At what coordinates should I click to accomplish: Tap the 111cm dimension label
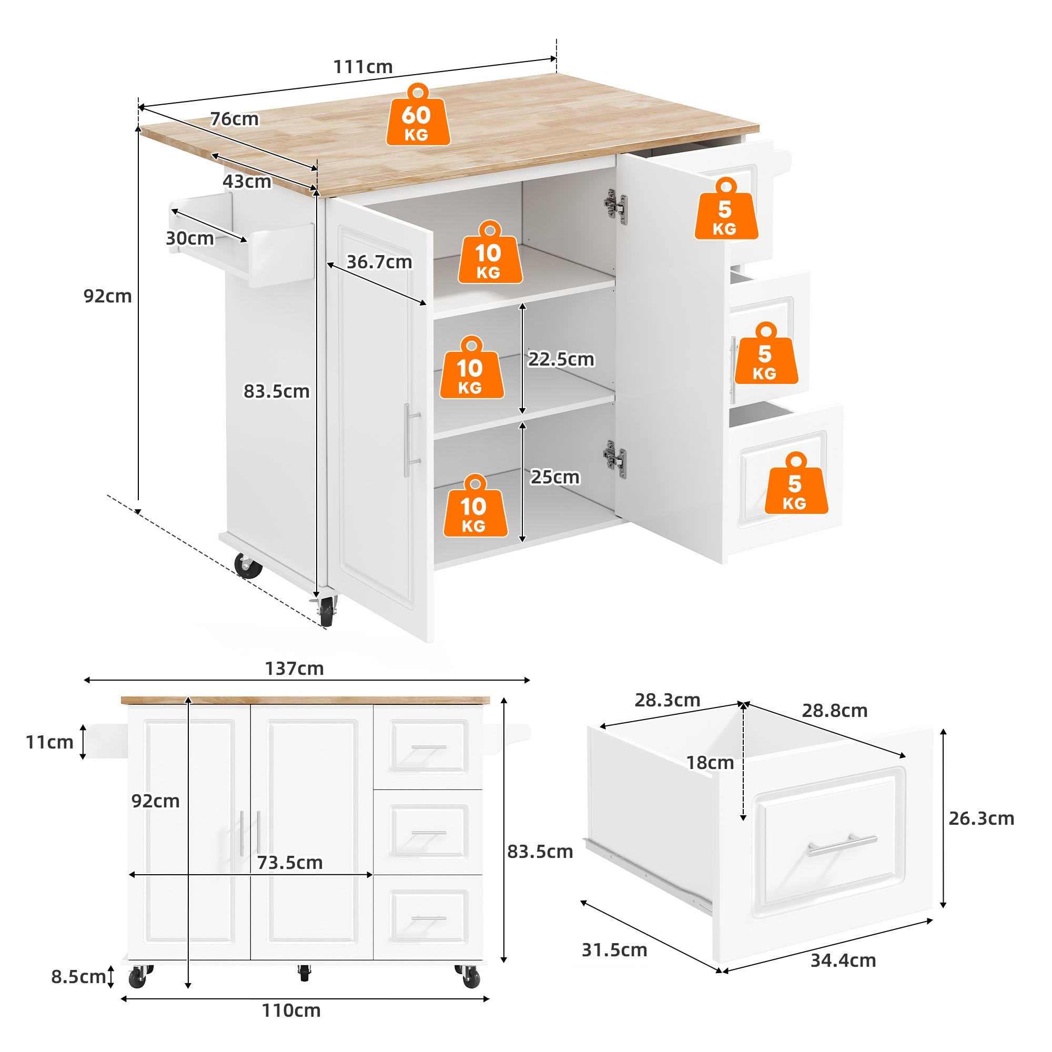(362, 67)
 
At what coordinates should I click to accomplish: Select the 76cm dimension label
(235, 119)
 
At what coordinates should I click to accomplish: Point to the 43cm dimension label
(247, 181)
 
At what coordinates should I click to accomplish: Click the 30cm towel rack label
(189, 238)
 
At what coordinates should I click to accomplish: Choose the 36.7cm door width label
(380, 262)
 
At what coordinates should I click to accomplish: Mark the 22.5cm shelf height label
(561, 359)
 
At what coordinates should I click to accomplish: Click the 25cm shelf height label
(555, 477)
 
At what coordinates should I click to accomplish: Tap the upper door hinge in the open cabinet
(616, 207)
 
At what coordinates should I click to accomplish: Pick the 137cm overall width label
(294, 669)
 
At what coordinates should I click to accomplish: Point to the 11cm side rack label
(49, 742)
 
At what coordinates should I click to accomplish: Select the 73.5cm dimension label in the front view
(290, 863)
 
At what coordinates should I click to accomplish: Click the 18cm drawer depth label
(710, 763)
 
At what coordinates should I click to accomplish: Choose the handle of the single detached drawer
(842, 845)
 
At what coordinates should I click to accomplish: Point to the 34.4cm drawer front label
(843, 960)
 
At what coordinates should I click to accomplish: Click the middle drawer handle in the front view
(429, 833)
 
